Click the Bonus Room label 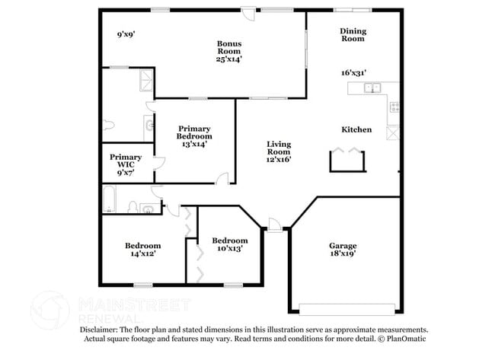pos(229,51)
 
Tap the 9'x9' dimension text pos(126,34)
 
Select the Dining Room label pos(353,36)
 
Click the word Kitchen pos(356,129)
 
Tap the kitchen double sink pos(372,88)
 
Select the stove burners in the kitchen pos(393,107)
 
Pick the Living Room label pos(279,151)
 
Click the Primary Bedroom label pos(194,135)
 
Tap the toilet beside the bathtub pos(133,206)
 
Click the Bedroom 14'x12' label pos(143,250)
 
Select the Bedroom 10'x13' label pos(229,244)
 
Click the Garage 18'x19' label pos(343,250)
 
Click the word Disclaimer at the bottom pos(101,329)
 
